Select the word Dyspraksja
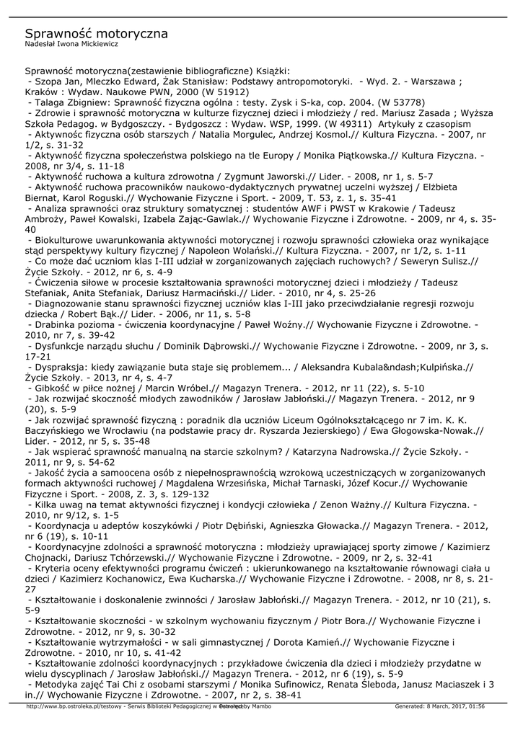pos(62,367)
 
